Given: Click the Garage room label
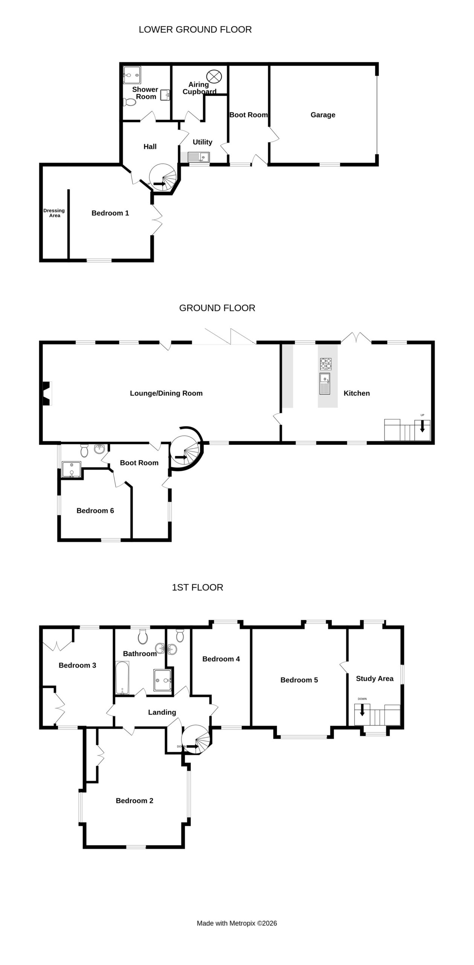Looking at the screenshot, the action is pos(323,115).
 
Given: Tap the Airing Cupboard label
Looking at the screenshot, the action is pos(199,88).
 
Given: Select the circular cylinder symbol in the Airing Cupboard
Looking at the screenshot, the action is pos(214,77).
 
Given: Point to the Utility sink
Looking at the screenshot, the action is pos(198,157).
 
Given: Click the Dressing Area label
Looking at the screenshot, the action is pos(54,213).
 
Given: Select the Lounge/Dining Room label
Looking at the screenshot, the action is pos(166,393).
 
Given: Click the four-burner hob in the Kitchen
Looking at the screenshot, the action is pos(326,364).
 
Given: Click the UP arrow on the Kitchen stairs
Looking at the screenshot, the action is pos(422,426).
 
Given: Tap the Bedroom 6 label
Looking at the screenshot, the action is pos(95,511).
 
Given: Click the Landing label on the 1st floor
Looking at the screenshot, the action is pos(162,712).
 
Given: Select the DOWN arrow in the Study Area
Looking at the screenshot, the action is pos(362,710).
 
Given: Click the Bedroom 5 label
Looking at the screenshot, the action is pos(299,680).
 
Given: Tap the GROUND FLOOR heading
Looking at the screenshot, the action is pos(217,308).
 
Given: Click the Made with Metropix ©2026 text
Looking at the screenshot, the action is pos(237,923).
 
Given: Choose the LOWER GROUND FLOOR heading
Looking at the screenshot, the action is pos(195,29).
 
